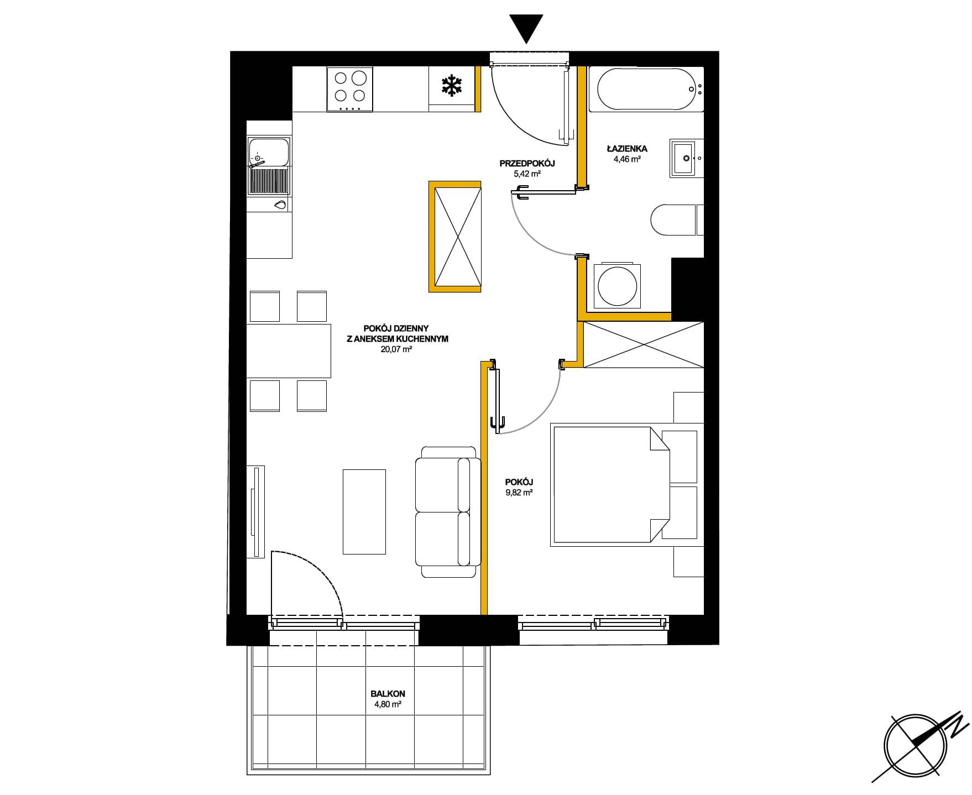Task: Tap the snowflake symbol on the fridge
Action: click(x=452, y=86)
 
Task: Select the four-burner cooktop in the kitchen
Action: click(x=349, y=89)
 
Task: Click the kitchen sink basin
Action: click(x=269, y=153)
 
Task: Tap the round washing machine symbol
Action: click(x=617, y=286)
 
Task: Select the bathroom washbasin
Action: click(x=687, y=158)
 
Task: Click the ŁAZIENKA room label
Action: click(x=626, y=148)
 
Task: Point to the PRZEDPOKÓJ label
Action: click(x=527, y=163)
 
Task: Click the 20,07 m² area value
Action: click(x=397, y=349)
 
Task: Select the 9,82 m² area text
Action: click(x=519, y=492)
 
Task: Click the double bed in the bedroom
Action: click(x=610, y=484)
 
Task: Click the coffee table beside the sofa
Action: click(x=364, y=511)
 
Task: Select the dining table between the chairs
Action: click(x=288, y=351)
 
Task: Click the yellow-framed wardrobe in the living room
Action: click(x=454, y=236)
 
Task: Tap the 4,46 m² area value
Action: click(x=626, y=159)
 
